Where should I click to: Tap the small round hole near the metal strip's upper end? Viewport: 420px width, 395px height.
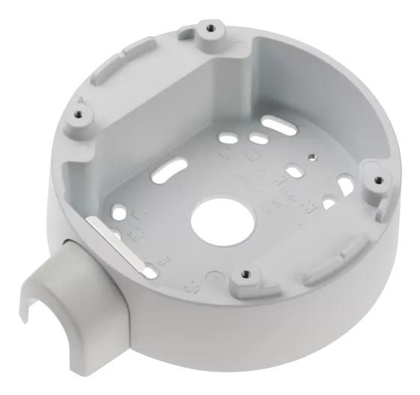[x=135, y=212]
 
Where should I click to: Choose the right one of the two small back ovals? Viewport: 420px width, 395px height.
[x=258, y=139]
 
